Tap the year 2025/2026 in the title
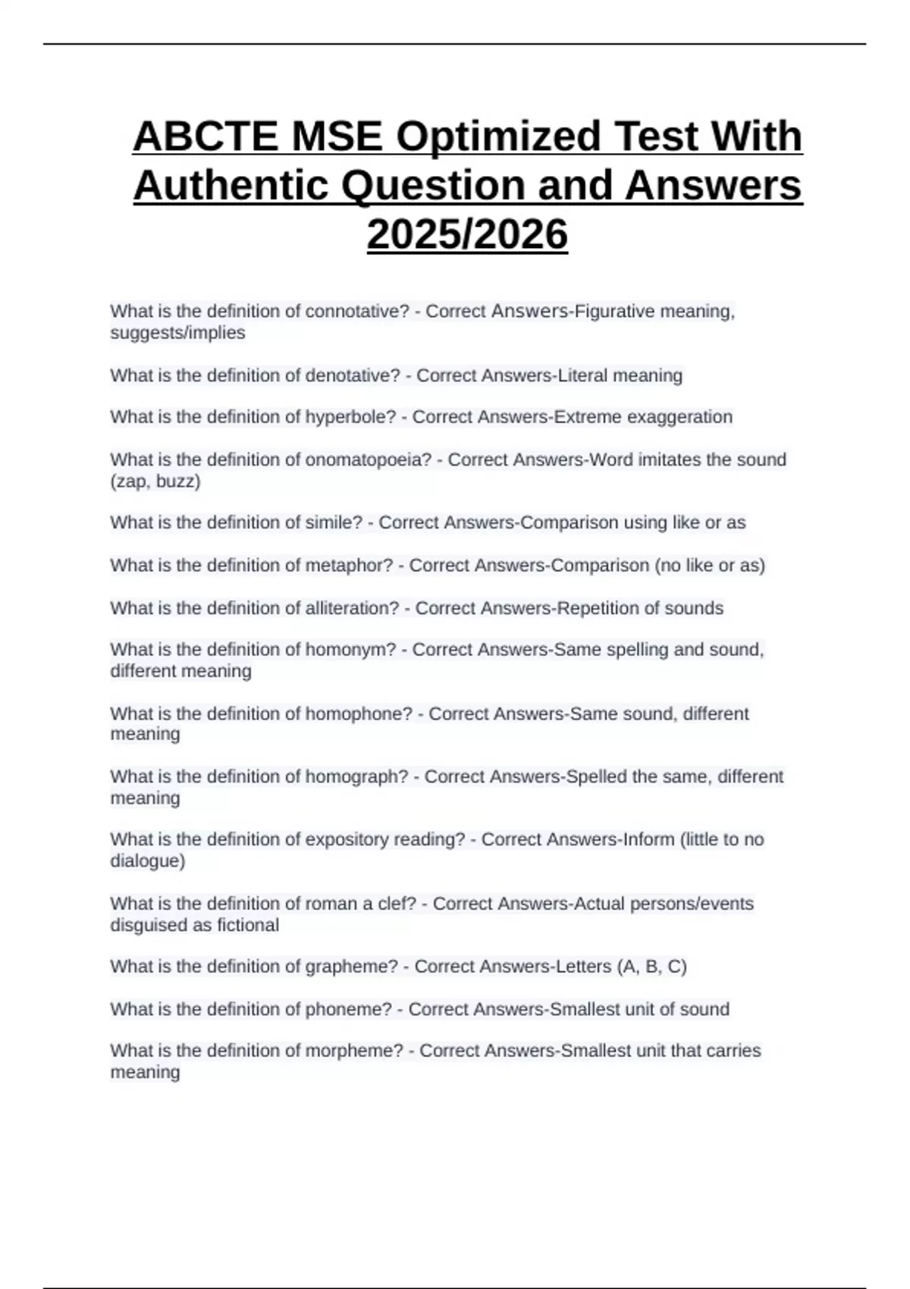(467, 234)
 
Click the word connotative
(356, 312)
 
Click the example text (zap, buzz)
(155, 481)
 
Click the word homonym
(350, 650)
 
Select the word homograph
(356, 776)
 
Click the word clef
(397, 904)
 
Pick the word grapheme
(351, 967)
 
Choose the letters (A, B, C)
(651, 967)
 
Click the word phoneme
(348, 1009)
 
